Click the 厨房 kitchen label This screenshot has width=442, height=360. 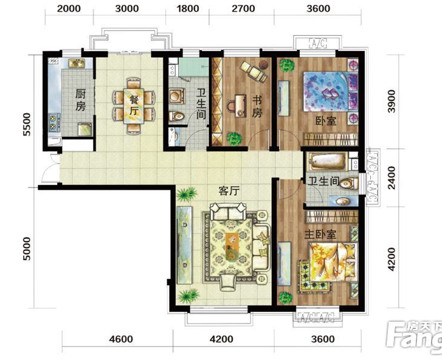point(80,100)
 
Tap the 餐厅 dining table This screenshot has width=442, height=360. point(134,105)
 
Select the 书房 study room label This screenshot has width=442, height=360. point(257,106)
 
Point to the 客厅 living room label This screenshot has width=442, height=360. point(229,191)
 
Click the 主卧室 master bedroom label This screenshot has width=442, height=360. point(320,234)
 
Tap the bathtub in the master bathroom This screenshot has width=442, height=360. point(327,162)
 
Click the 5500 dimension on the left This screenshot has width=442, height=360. point(27,124)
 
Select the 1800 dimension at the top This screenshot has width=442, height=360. point(188,9)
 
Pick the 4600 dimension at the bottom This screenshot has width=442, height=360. point(121,339)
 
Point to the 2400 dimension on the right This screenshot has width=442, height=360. point(392,178)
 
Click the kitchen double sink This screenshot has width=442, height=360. point(77,63)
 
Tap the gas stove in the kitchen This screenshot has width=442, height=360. point(54,123)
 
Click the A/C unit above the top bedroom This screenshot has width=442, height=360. point(318,43)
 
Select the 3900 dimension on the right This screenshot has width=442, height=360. point(392,102)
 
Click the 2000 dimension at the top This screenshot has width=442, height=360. point(69,9)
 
